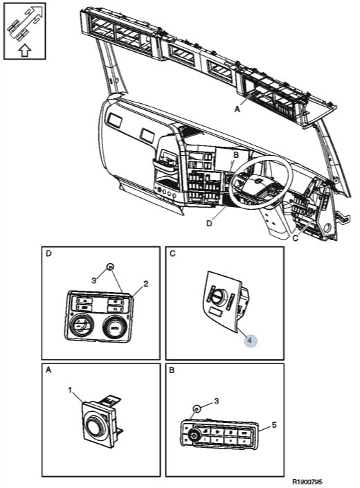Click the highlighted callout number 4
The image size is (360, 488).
[251, 341]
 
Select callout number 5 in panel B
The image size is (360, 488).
[274, 425]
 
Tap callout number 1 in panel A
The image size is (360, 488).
[71, 390]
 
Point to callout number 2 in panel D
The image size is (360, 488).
[145, 284]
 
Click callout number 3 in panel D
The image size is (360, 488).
[94, 280]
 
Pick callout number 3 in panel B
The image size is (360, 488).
[217, 401]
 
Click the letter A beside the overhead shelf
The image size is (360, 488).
[237, 109]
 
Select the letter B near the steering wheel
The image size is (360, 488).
[236, 154]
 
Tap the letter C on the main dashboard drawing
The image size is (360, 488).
[296, 238]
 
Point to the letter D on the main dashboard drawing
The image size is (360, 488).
[209, 223]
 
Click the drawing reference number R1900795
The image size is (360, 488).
[307, 482]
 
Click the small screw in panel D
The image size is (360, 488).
[110, 266]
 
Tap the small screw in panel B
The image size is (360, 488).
[197, 408]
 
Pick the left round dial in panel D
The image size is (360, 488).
[82, 327]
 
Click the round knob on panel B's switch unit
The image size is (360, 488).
[193, 435]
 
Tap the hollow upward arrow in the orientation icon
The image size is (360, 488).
[25, 51]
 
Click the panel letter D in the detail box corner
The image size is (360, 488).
[48, 253]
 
